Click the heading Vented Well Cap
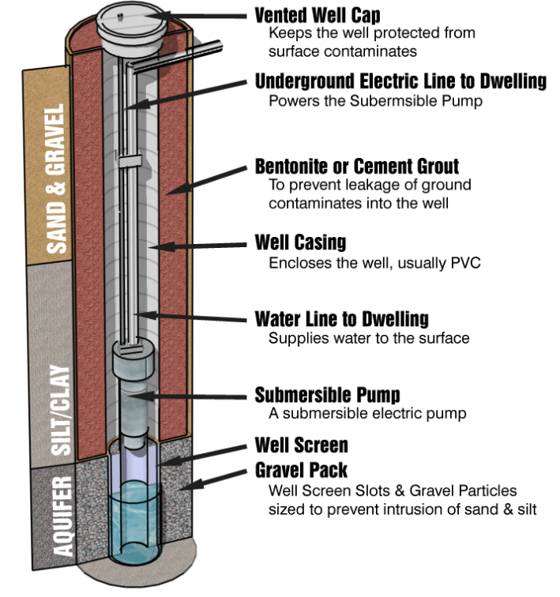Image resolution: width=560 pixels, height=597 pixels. [x=318, y=15]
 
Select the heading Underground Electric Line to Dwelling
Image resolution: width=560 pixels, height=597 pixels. [x=400, y=81]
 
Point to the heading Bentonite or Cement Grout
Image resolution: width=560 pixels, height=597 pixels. [x=357, y=167]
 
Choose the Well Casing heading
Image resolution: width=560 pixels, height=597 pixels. [x=300, y=242]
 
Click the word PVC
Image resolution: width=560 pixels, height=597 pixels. [x=465, y=263]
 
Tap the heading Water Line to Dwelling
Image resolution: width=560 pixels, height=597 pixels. [x=341, y=319]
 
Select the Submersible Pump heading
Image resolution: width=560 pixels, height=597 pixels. [x=328, y=395]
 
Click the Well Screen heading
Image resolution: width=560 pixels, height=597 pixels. [x=301, y=445]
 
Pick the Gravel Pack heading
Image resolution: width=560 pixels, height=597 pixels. [x=301, y=470]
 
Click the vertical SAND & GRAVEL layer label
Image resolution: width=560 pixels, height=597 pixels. [x=56, y=178]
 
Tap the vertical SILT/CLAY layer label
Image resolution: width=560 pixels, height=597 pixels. [x=61, y=410]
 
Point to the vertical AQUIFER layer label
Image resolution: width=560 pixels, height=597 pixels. [x=62, y=516]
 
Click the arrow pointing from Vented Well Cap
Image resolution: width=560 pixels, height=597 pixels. [x=198, y=17]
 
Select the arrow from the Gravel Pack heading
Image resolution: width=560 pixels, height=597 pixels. [x=212, y=480]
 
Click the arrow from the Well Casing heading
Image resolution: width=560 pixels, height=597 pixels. [x=198, y=246]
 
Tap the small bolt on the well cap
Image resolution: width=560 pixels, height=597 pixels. [x=120, y=17]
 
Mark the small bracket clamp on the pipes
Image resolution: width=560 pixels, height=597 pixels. [x=130, y=161]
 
